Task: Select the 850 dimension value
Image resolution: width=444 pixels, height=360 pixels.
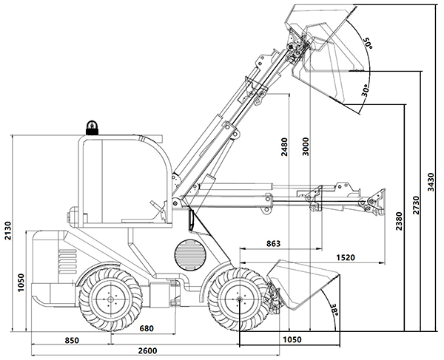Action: click(x=71, y=340)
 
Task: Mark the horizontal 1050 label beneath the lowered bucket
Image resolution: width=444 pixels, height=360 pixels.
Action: click(x=293, y=339)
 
